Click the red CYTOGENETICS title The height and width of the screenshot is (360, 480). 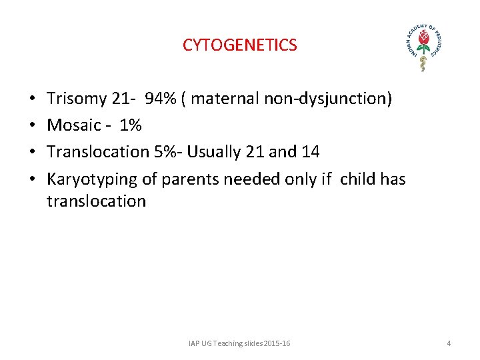click(240, 45)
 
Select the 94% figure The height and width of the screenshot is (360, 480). click(160, 99)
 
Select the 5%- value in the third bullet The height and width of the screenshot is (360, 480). click(169, 151)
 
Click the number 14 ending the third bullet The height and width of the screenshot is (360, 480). click(310, 151)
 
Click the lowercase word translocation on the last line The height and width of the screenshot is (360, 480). click(96, 201)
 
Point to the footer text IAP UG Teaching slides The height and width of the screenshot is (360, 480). click(239, 343)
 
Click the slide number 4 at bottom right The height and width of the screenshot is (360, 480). click(449, 343)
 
